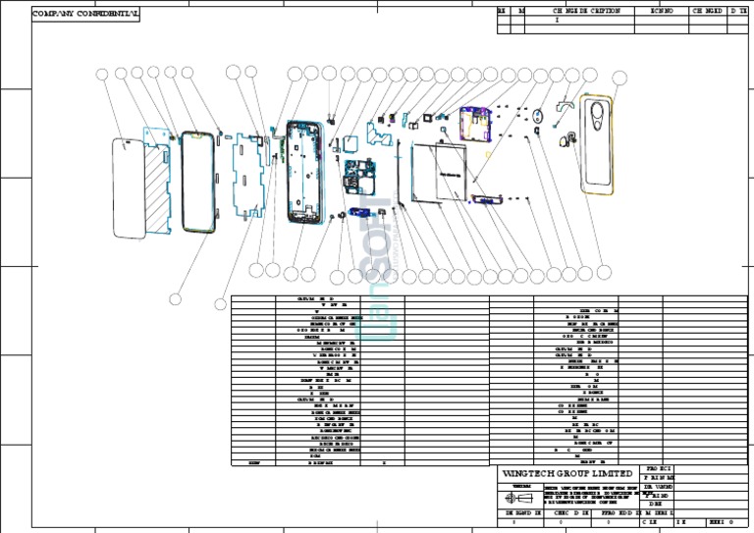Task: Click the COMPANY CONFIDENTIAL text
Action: pyautogui.click(x=86, y=16)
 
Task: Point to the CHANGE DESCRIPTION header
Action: pyautogui.click(x=586, y=10)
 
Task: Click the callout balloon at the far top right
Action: pyautogui.click(x=619, y=78)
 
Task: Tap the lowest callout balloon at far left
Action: pyautogui.click(x=176, y=298)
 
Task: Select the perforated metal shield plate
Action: pyautogui.click(x=245, y=176)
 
